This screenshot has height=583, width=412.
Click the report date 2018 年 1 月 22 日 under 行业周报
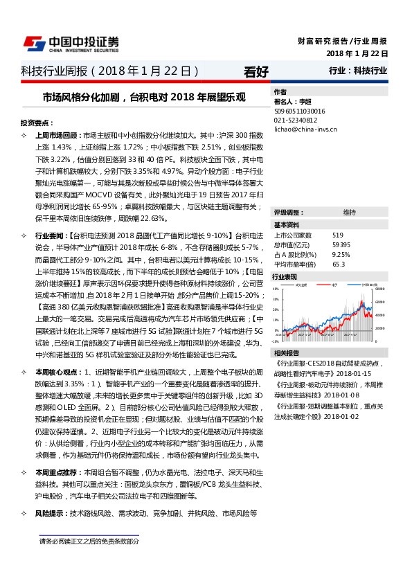click(x=357, y=53)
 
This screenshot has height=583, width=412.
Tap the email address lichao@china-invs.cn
click(x=305, y=128)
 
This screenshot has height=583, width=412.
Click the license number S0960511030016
click(x=300, y=110)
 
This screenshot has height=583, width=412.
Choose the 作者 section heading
click(x=280, y=91)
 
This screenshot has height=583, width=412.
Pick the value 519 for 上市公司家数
click(x=338, y=235)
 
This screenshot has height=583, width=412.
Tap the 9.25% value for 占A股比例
click(x=341, y=254)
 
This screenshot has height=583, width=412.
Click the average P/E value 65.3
click(x=339, y=264)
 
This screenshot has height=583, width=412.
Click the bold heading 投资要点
click(x=37, y=122)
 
